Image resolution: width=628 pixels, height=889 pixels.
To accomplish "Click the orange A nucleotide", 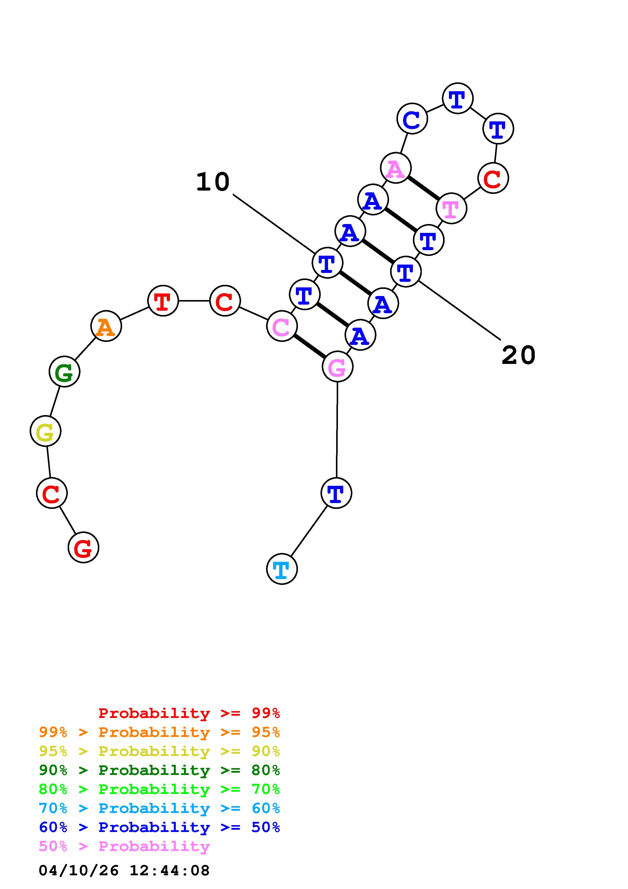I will point(106,326).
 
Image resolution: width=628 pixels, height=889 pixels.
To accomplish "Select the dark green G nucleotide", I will point(65,372).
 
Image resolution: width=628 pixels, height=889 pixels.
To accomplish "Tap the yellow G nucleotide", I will point(46,431).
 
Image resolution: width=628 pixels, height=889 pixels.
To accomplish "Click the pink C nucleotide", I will point(282,326).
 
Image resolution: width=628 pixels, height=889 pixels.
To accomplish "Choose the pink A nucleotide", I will point(395,168).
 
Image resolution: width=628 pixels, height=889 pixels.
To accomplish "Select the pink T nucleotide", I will point(451,208).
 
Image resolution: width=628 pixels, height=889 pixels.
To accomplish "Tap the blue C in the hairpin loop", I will point(412,119).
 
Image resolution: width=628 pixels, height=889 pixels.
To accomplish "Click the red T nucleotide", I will point(163,301).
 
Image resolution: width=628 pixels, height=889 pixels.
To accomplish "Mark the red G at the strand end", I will point(83,547).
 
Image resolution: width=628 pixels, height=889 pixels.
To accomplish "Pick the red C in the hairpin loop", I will point(493,178).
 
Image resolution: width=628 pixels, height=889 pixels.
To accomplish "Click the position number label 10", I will point(213,182).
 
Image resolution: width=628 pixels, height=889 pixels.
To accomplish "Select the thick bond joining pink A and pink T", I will point(423,188).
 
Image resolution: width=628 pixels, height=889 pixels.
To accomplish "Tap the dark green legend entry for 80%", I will point(159,770).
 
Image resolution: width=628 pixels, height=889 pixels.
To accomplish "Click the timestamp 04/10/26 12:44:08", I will point(124,871).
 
